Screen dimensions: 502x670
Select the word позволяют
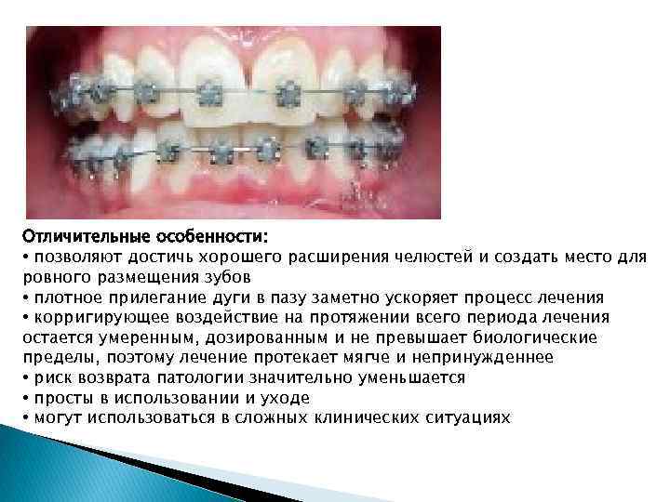[74, 257]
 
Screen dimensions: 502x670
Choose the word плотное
[66, 297]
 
